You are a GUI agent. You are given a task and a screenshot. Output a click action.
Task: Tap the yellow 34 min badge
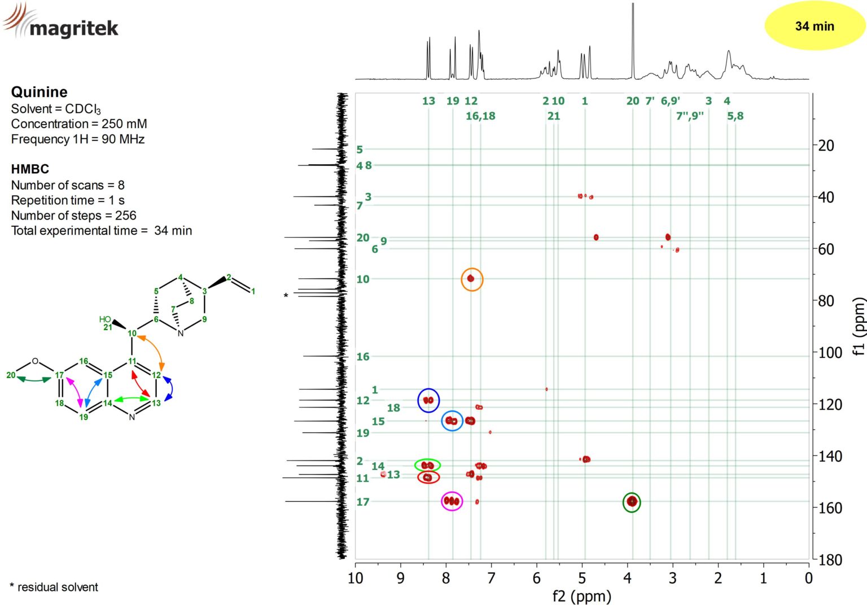[814, 26]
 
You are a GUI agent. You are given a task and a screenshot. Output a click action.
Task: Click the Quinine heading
[39, 92]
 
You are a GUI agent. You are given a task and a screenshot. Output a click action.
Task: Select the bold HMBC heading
[30, 169]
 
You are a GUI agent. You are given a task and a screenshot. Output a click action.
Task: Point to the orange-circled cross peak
[471, 279]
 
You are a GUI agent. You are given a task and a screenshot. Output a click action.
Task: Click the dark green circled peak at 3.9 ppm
[632, 502]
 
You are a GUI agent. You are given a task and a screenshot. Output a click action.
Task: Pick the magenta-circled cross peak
[452, 501]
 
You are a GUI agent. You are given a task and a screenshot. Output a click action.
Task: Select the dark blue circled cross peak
[428, 400]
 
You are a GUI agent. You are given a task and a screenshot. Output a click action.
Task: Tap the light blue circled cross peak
[452, 421]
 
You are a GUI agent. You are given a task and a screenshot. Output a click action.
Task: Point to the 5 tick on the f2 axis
[582, 578]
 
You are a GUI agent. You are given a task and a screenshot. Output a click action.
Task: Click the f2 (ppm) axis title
[581, 596]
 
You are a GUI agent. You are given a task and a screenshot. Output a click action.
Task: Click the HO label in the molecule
[105, 319]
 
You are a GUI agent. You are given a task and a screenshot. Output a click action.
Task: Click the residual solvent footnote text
[54, 587]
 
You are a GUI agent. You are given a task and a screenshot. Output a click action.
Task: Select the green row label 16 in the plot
[363, 357]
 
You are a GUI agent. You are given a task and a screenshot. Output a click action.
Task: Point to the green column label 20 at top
[633, 101]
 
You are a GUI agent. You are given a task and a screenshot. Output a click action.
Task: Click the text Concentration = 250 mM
[79, 124]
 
